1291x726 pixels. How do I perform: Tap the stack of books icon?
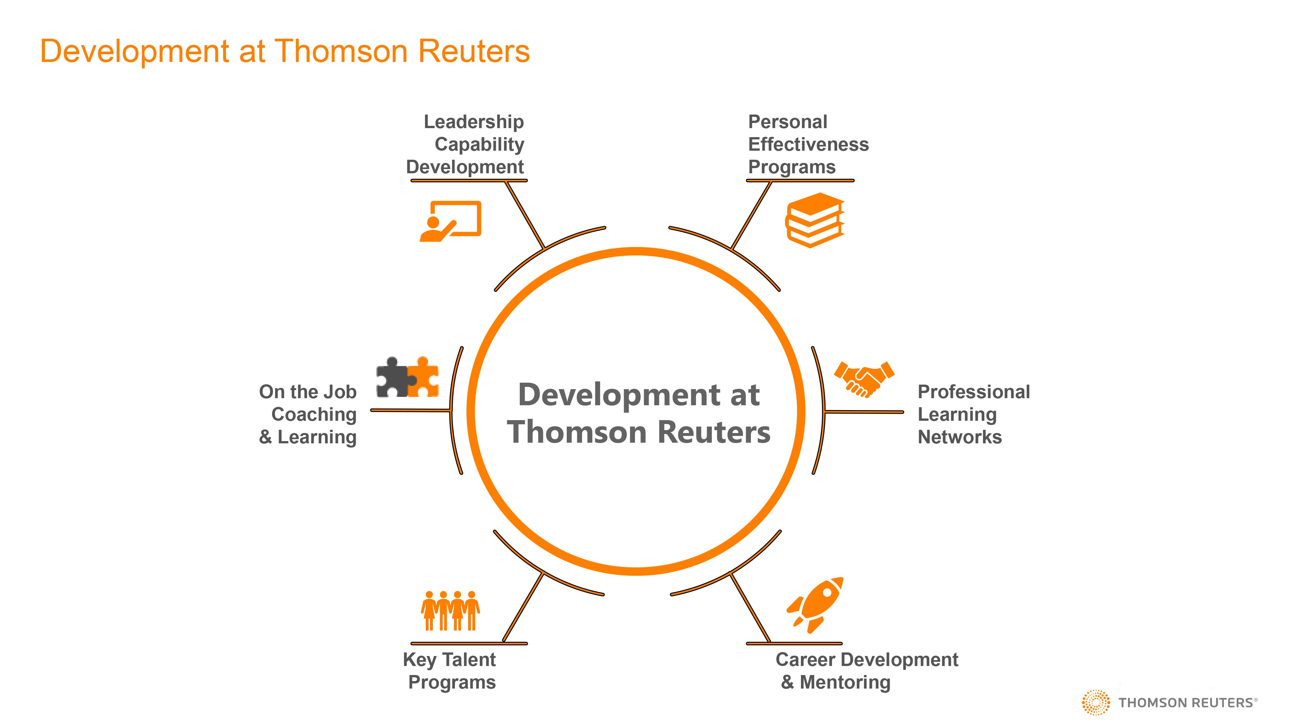(x=815, y=220)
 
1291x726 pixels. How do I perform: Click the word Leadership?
(x=474, y=122)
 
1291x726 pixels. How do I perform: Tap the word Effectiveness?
(x=808, y=144)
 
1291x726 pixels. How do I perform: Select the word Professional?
(x=973, y=392)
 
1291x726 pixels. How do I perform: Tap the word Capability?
(x=479, y=144)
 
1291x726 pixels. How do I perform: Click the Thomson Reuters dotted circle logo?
(x=1096, y=702)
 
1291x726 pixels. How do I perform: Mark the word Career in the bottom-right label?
(x=805, y=660)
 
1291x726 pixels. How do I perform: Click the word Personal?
(x=787, y=122)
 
